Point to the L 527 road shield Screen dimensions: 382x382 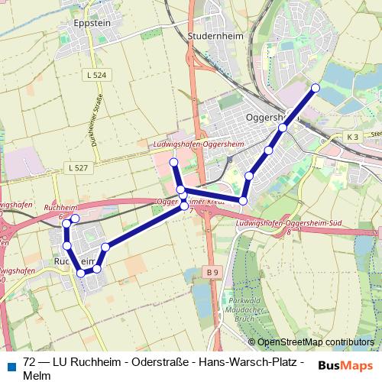click(78, 167)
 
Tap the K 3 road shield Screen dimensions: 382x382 click(351, 136)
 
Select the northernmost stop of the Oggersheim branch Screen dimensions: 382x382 click(173, 163)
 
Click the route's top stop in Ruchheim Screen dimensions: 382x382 click(75, 219)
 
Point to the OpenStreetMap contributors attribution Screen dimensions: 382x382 click(315, 342)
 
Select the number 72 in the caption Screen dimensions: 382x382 click(30, 361)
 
